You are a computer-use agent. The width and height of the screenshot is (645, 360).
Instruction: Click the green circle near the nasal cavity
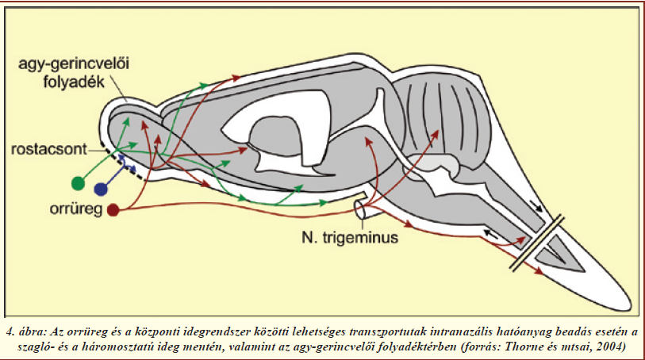tap(78, 183)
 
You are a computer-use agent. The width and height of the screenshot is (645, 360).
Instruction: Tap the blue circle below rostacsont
tap(101, 189)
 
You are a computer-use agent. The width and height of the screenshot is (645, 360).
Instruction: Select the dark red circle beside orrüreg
tap(113, 210)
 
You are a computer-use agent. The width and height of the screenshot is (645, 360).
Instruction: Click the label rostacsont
tap(49, 149)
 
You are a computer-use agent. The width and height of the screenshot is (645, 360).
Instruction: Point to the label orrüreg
tap(76, 209)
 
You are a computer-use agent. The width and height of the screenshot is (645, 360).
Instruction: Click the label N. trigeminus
tap(350, 238)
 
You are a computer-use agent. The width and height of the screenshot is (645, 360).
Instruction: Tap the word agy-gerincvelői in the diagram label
tap(74, 63)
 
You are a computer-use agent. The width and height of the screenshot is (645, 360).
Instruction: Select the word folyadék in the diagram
tap(74, 82)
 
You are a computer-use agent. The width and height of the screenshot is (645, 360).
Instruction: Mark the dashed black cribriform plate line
tap(123, 164)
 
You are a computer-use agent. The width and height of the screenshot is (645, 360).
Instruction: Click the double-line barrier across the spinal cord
tap(537, 243)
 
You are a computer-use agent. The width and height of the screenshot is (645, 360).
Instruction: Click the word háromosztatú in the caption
tap(149, 346)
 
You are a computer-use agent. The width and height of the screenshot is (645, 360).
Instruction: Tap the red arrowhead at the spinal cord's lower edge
tap(539, 271)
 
